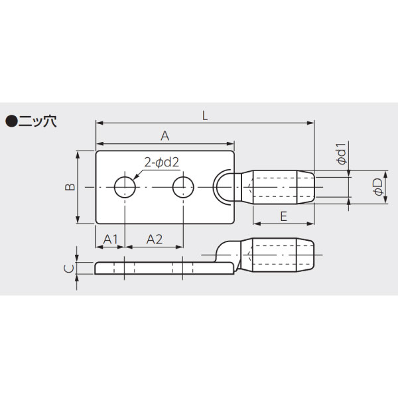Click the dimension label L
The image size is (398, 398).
[205, 115]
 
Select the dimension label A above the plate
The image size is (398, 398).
[165, 135]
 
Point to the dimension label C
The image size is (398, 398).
[67, 268]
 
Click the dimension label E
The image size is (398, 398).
[283, 216]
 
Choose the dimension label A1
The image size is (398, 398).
[110, 238]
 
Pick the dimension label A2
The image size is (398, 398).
[154, 238]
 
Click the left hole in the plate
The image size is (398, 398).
[125, 188]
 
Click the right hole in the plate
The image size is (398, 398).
[182, 188]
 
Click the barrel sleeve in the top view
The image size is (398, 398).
[282, 188]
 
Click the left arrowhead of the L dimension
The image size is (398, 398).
[99, 123]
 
